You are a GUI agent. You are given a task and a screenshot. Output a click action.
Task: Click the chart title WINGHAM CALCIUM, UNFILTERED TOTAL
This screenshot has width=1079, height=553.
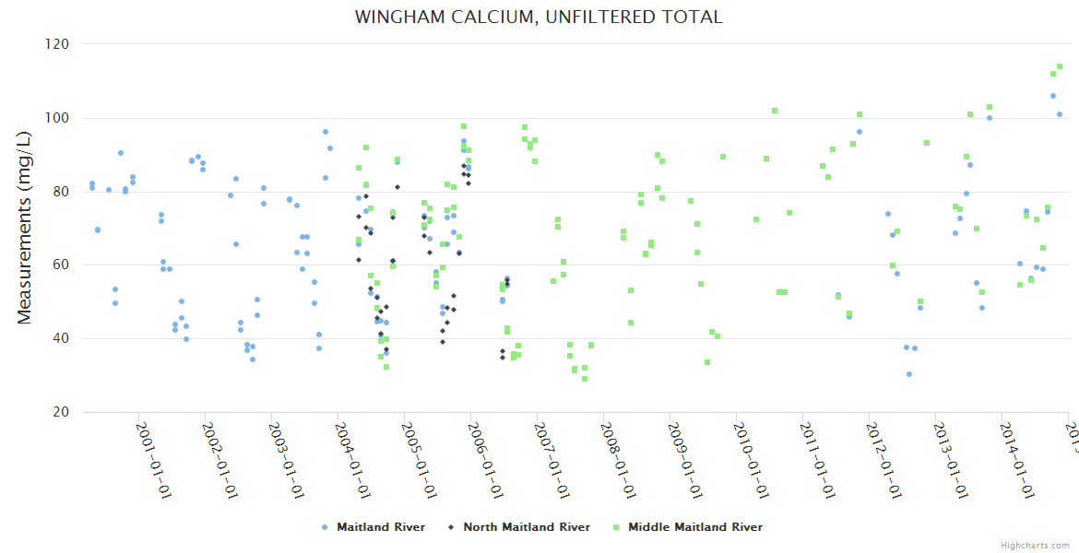coord(539,18)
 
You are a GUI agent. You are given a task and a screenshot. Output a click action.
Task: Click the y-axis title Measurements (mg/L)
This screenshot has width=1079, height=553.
coord(25,227)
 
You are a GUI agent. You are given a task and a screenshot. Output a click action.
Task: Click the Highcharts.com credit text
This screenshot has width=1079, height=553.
coord(1035,546)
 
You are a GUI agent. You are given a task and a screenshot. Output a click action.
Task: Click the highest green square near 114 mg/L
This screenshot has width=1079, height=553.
coord(1060,66)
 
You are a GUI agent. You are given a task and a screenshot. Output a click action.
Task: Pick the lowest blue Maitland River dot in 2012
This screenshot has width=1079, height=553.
coord(909,374)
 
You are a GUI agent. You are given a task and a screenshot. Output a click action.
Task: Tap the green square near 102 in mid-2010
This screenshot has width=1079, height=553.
coord(775,111)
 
